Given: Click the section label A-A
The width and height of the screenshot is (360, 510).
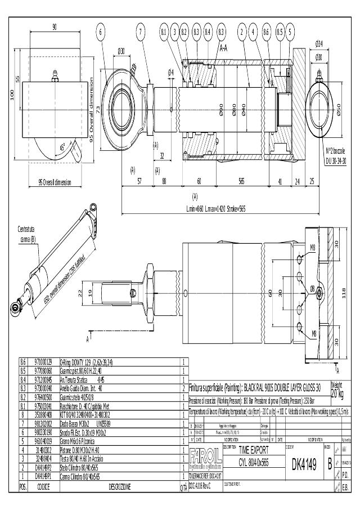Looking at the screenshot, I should point(223,48).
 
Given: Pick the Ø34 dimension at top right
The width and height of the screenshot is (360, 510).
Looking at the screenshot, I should point(318,44).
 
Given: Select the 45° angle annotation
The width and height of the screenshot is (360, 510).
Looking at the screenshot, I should point(63,147).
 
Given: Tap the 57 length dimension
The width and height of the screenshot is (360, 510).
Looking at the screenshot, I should point(139,181).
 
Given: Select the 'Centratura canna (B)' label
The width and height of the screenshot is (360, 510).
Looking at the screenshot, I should point(27,234).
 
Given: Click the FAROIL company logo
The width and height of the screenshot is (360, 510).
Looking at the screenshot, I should point(205,457).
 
